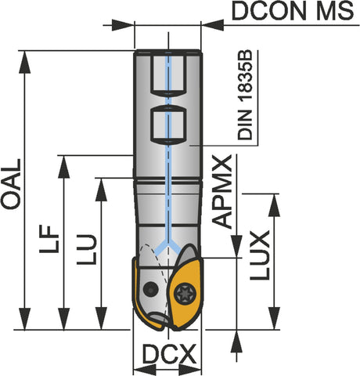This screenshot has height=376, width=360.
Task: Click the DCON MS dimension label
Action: [x=293, y=11]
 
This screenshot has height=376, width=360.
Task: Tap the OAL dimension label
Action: [x=11, y=184]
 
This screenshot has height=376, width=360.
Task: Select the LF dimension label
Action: [x=49, y=239]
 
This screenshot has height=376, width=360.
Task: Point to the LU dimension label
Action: [x=87, y=250]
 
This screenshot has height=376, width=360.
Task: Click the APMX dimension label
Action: [x=222, y=192]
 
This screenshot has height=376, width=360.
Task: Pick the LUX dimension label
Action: [x=260, y=255]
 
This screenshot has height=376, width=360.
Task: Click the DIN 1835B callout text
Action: [x=245, y=95]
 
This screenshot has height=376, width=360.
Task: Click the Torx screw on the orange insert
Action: [x=185, y=294]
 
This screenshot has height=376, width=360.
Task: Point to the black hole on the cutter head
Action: [x=150, y=289]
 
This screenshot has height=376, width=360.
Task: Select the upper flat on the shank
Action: [x=168, y=74]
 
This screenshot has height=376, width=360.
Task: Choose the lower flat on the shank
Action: [x=168, y=125]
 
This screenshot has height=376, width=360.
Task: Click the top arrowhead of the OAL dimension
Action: [x=25, y=62]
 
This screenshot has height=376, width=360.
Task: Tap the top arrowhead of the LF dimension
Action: [x=64, y=167]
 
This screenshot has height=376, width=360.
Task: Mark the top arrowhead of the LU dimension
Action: [x=101, y=190]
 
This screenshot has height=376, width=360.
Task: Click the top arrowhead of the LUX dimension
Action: [x=274, y=205]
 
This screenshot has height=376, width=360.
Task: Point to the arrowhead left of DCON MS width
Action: [x=123, y=25]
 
